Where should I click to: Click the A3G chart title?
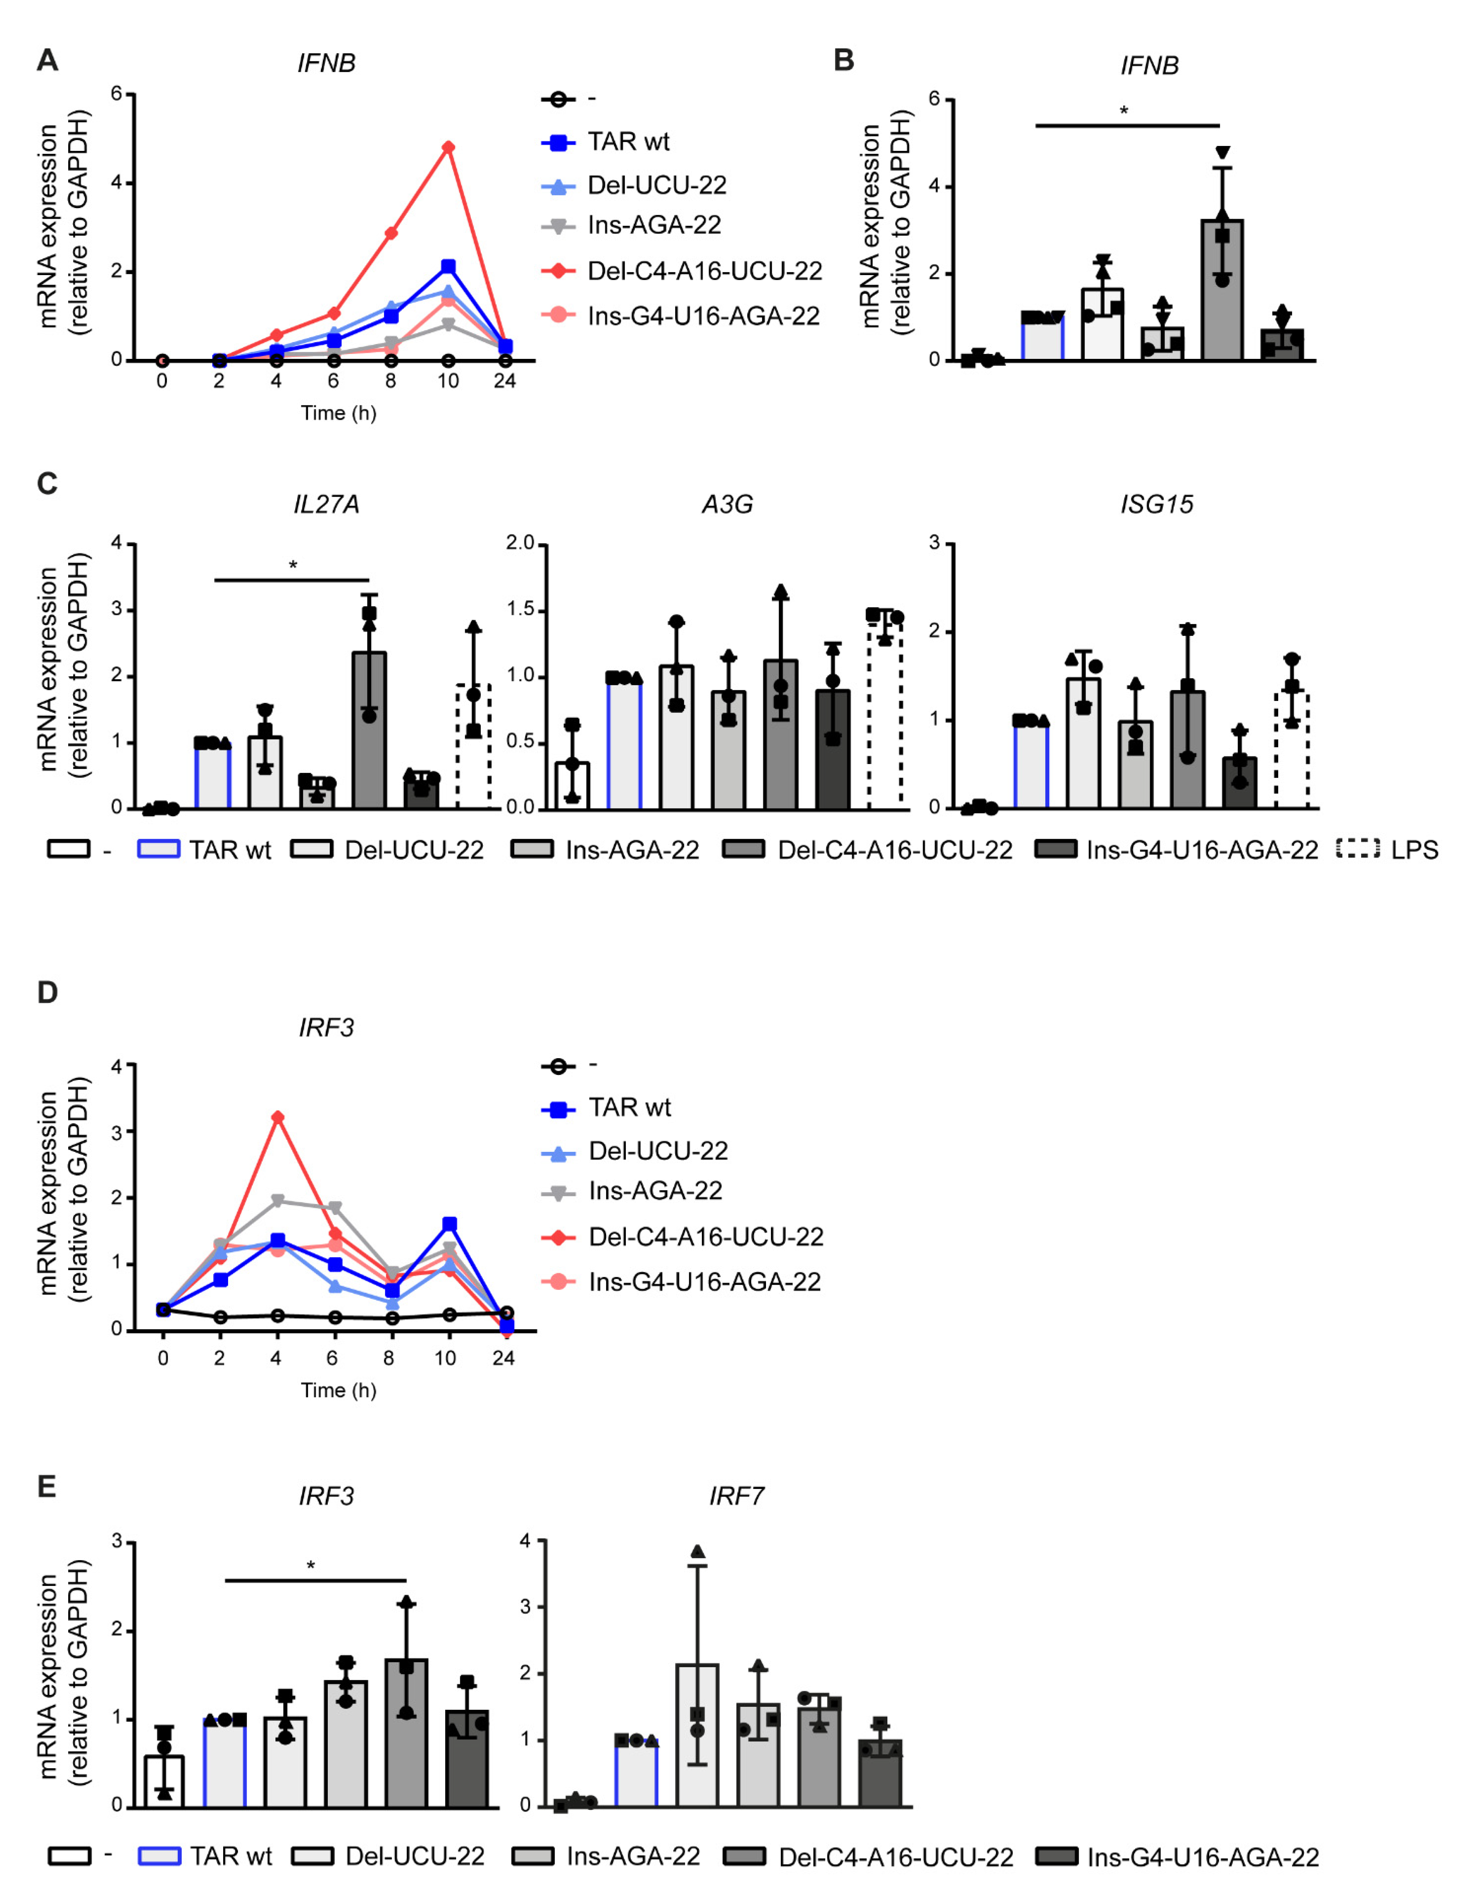[x=728, y=505]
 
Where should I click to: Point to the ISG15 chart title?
[x=1157, y=505]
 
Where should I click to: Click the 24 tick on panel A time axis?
[x=505, y=381]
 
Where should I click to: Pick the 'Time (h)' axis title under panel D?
[x=338, y=1390]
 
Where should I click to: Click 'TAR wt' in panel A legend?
[x=628, y=142]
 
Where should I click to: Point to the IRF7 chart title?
[x=736, y=1496]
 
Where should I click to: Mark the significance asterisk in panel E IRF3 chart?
[x=311, y=1566]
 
